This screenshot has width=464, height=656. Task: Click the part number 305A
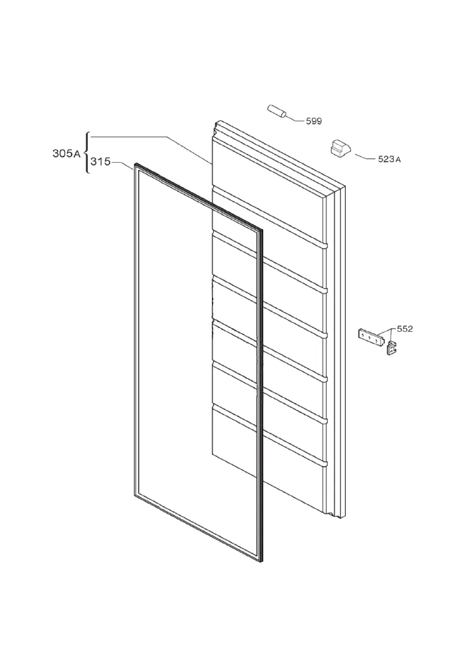click(66, 154)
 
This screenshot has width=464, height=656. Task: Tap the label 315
click(100, 161)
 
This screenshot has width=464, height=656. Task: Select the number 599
click(314, 121)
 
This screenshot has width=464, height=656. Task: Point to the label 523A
click(390, 159)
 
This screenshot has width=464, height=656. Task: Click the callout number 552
click(404, 329)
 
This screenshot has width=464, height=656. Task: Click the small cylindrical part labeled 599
click(277, 111)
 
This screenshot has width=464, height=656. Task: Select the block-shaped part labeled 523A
click(340, 148)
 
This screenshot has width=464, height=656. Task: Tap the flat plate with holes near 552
click(371, 337)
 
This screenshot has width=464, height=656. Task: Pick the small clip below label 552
click(391, 348)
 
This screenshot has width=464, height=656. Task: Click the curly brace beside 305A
click(86, 153)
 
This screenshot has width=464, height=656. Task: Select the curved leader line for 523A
click(365, 157)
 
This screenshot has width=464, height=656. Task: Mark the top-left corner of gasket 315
click(135, 165)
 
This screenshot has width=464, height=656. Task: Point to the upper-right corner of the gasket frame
click(263, 231)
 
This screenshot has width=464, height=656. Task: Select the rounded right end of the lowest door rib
click(326, 464)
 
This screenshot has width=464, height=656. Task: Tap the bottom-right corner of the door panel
click(345, 518)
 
